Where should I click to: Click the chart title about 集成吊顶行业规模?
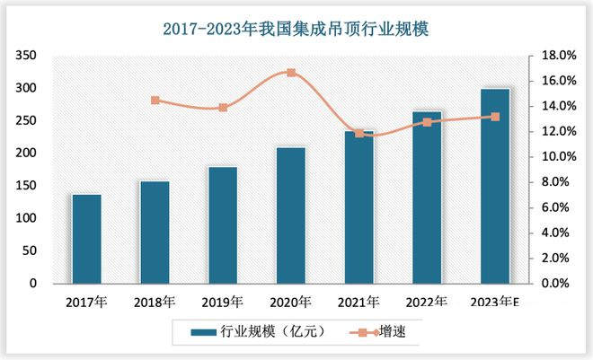click(x=296, y=30)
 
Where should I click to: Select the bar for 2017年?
click(x=86, y=238)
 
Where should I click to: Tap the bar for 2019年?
click(x=223, y=224)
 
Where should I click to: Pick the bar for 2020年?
click(x=290, y=215)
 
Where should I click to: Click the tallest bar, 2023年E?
click(x=495, y=186)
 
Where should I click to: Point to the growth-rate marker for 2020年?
click(x=291, y=72)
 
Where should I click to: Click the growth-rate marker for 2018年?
click(x=155, y=101)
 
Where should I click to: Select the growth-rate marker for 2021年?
click(x=359, y=133)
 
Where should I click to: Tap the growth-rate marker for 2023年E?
click(x=495, y=117)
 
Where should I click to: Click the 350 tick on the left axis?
click(x=26, y=56)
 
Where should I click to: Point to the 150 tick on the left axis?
click(x=26, y=186)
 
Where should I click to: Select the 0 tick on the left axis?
click(x=32, y=284)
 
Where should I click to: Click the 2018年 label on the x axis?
click(x=155, y=302)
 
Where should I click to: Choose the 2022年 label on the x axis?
click(x=427, y=302)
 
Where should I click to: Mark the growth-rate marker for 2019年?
click(x=223, y=108)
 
